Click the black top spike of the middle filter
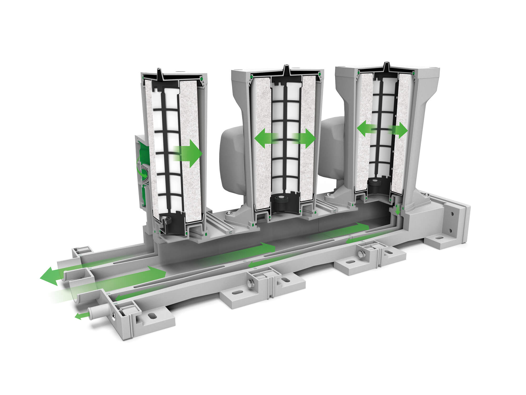click(286, 69)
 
